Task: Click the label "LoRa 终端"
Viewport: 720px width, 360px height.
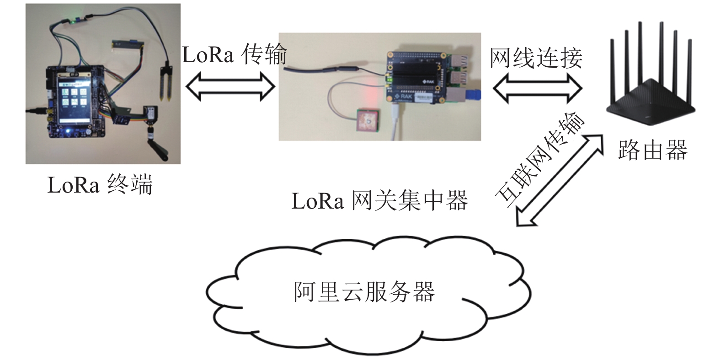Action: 100,185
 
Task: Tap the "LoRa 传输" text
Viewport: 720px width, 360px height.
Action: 235,55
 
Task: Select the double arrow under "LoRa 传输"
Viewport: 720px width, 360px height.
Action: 230,86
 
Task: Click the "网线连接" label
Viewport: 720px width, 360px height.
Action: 536,58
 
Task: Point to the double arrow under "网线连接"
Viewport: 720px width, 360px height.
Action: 538,88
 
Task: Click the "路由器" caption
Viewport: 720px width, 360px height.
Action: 652,150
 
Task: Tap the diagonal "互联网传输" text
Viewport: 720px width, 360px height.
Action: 540,160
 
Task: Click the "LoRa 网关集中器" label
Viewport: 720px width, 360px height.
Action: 379,201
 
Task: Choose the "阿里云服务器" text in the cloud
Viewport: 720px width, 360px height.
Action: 364,292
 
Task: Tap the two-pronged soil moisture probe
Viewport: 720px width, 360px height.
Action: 166,81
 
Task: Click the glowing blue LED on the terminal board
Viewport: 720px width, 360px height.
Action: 67,131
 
